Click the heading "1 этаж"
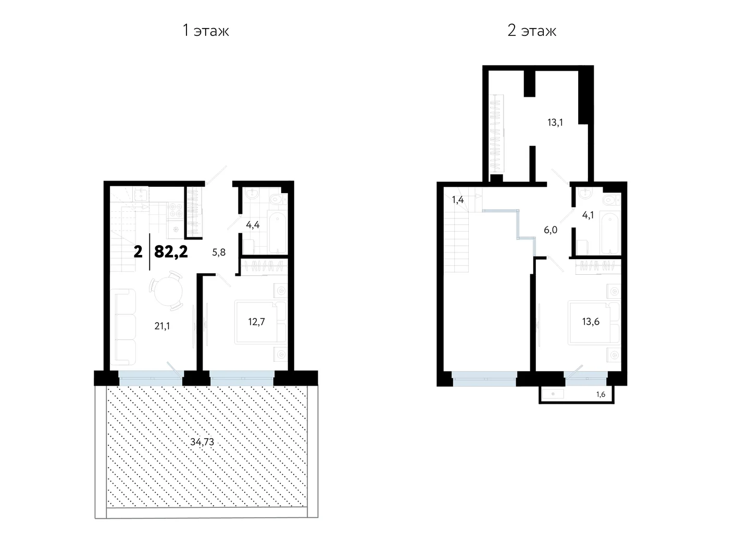[206, 31]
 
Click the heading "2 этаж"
[532, 31]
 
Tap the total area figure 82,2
[171, 251]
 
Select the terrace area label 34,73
[202, 442]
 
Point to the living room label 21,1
[162, 326]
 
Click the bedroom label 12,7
[256, 322]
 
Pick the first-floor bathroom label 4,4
[253, 225]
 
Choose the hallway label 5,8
[219, 252]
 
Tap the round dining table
[168, 290]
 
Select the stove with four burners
[176, 210]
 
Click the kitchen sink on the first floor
[141, 194]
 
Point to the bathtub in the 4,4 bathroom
[277, 232]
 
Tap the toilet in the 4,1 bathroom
[611, 200]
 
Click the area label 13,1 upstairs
[555, 122]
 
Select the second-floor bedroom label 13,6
[591, 322]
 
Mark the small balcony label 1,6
[601, 394]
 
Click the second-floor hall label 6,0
[551, 230]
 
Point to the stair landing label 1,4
[458, 200]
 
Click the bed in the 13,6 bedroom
[594, 323]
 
